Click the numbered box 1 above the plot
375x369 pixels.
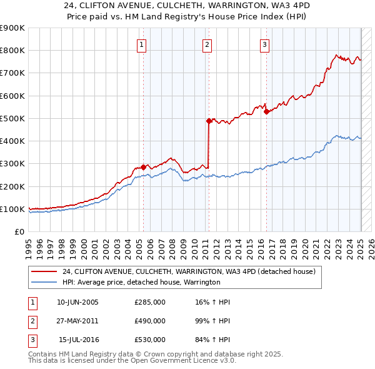(x=142, y=44)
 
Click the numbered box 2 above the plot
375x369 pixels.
(x=207, y=44)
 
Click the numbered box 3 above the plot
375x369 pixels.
(x=265, y=44)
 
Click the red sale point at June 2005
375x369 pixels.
(x=143, y=167)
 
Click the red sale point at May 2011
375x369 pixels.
(x=209, y=121)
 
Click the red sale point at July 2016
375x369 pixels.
(x=266, y=112)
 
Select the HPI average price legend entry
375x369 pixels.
(x=141, y=283)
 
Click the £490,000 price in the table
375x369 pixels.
(x=150, y=321)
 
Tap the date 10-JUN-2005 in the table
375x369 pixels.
(x=77, y=302)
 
